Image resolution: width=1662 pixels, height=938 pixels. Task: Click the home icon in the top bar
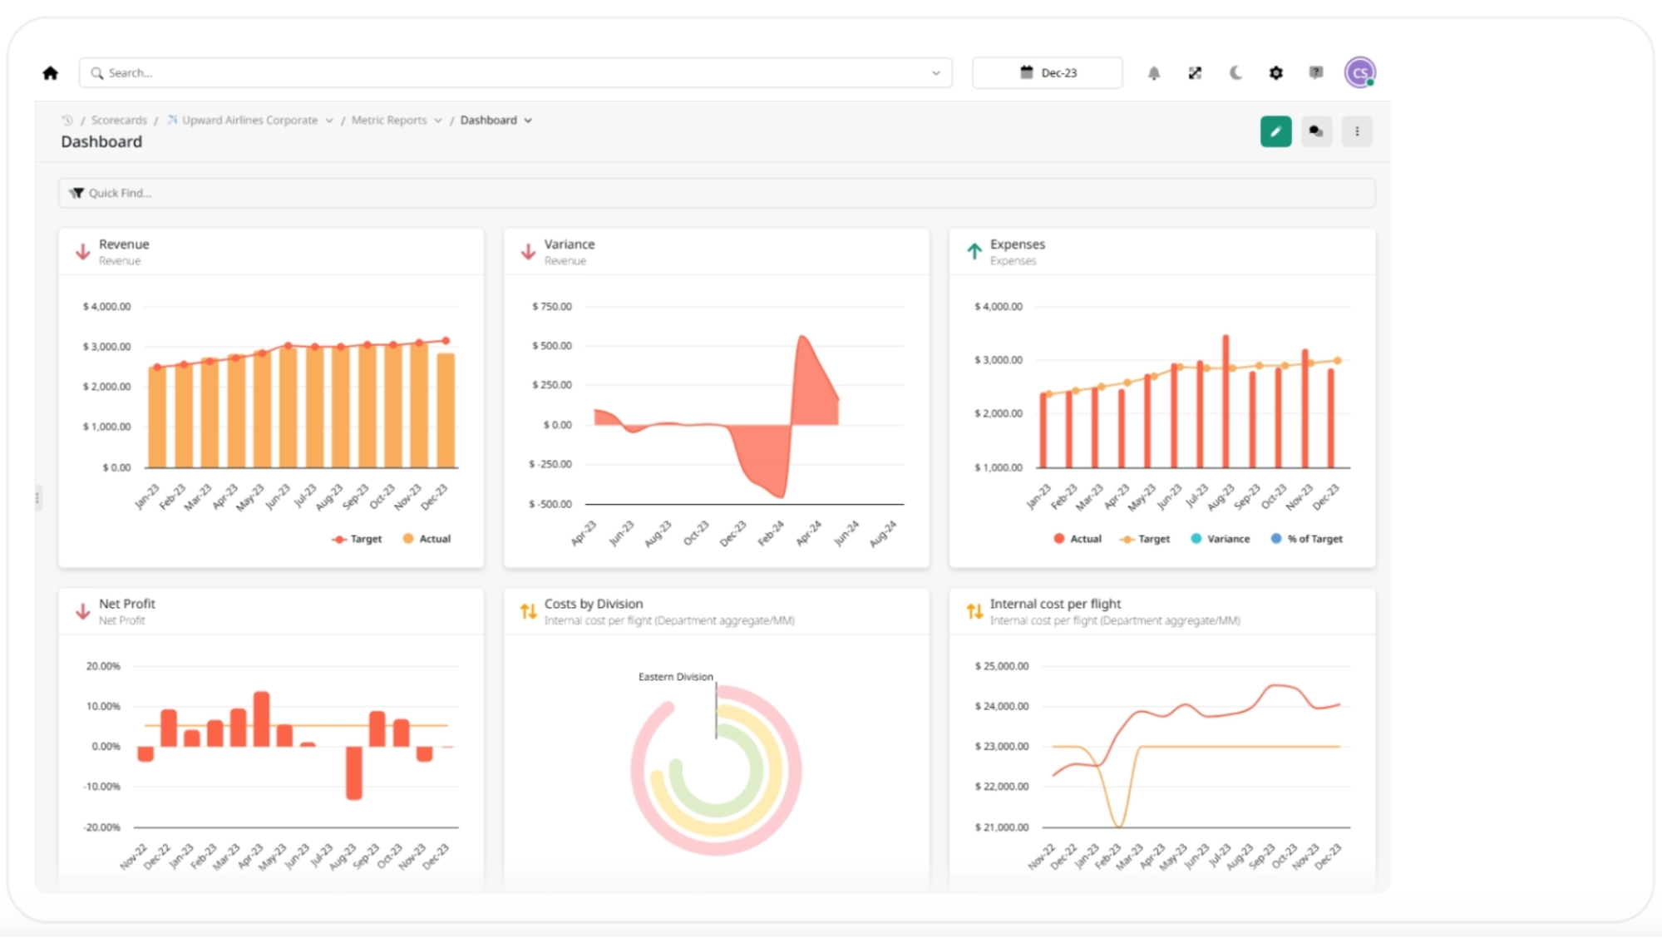[x=51, y=73]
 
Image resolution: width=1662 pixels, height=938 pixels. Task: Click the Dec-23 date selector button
[x=1047, y=73]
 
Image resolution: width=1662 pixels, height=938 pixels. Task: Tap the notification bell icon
[x=1154, y=73]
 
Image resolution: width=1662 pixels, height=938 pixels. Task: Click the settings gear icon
[x=1275, y=73]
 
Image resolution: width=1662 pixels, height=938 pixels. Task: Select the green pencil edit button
[x=1275, y=131]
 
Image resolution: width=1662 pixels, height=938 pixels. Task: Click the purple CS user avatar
[x=1359, y=73]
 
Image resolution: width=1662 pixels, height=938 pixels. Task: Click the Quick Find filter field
[x=715, y=193]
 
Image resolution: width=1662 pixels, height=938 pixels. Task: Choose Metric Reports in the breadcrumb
[x=388, y=121]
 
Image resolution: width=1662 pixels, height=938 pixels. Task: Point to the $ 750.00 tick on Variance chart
[x=552, y=307]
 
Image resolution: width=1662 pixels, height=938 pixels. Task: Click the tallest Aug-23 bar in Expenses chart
[x=1226, y=401]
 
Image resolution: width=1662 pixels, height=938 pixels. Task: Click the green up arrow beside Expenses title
[x=974, y=251]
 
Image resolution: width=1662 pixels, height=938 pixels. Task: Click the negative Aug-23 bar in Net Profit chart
[x=354, y=773]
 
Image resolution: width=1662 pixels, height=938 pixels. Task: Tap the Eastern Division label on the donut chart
[x=675, y=677]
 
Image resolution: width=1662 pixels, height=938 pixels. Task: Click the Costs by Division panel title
[x=593, y=604]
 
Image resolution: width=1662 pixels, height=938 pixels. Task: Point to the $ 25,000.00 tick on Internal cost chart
[x=1001, y=666]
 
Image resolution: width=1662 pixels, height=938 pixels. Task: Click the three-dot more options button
[x=1357, y=131]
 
